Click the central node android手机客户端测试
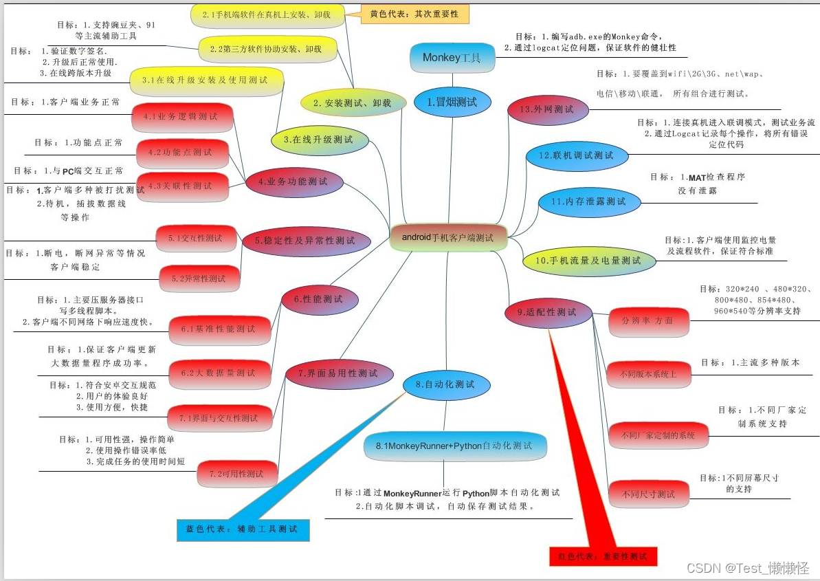[448, 237]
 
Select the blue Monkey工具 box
[452, 58]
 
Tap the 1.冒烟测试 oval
[452, 102]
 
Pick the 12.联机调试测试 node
[577, 156]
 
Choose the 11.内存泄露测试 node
[588, 201]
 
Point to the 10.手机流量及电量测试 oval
[588, 261]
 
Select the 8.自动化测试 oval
[447, 385]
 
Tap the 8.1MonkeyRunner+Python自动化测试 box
[455, 446]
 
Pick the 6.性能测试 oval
[321, 299]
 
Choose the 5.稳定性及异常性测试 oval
[306, 241]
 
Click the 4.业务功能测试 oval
[293, 182]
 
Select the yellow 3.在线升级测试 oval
[318, 140]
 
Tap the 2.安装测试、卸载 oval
[352, 103]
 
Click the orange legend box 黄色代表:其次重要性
[414, 14]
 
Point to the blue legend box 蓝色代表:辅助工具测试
[243, 529]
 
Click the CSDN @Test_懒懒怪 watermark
[747, 568]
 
